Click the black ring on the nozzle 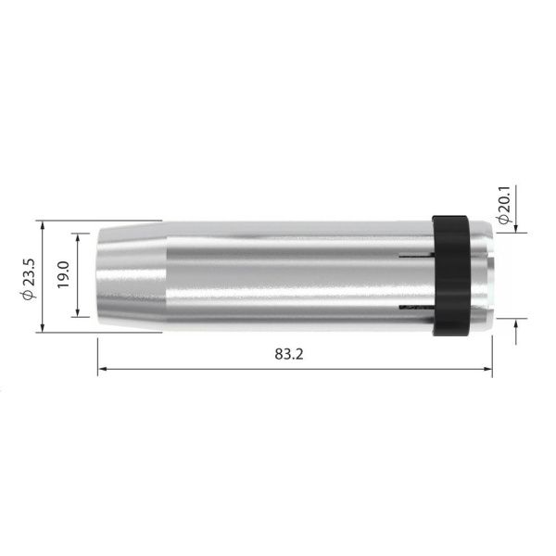coord(451,275)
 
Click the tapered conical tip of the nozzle coord(130,275)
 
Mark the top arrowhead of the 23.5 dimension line coord(42,226)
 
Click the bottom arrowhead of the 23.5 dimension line coord(42,326)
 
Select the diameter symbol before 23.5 coord(28,295)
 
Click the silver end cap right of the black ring coord(484,275)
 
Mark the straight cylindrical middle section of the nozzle coord(287,275)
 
